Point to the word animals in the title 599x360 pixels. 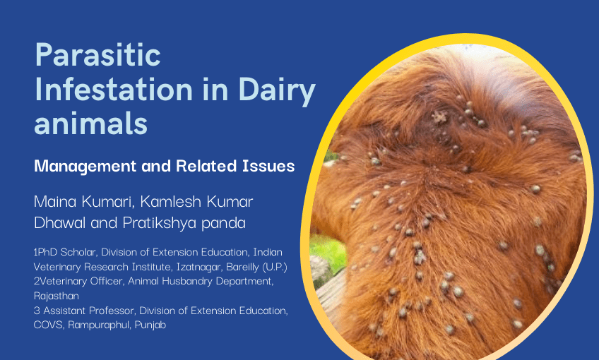[91, 124]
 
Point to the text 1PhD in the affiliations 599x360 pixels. [47, 252]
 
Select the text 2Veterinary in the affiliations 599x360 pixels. [66, 281]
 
